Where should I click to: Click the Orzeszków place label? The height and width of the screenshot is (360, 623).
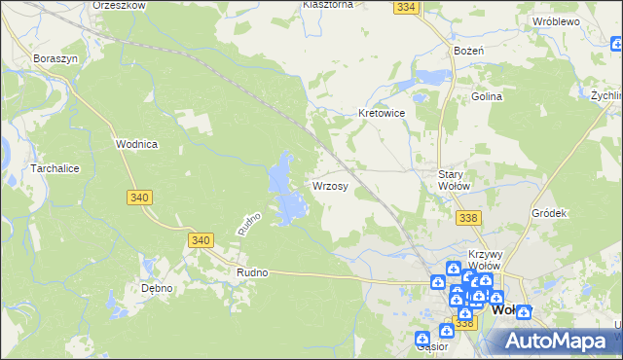click(x=119, y=5)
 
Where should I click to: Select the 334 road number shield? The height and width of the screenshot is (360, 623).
click(x=407, y=7)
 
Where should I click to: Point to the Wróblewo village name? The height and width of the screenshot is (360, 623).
click(x=557, y=20)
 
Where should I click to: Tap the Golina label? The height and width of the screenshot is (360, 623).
click(x=487, y=97)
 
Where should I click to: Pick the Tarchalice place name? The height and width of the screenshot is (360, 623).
click(x=35, y=168)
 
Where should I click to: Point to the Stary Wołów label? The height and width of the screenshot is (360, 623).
click(x=454, y=179)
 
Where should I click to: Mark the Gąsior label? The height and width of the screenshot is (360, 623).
click(x=431, y=345)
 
